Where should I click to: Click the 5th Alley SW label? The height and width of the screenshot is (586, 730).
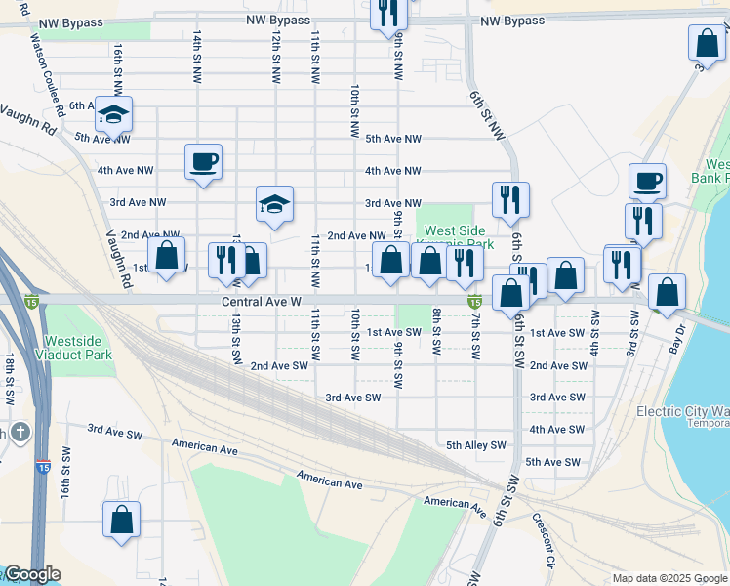pyautogui.click(x=476, y=445)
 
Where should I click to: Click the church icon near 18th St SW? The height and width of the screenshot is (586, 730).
pyautogui.click(x=18, y=432)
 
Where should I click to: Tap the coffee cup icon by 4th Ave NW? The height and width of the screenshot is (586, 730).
pyautogui.click(x=203, y=161)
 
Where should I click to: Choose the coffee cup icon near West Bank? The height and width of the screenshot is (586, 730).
pyautogui.click(x=647, y=181)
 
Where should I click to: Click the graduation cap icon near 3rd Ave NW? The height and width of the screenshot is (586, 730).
pyautogui.click(x=274, y=203)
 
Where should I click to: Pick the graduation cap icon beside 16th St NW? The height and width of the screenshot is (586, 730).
pyautogui.click(x=114, y=115)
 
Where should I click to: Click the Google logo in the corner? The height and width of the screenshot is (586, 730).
pyautogui.click(x=31, y=574)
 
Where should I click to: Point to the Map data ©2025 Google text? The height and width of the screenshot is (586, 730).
pyautogui.click(x=669, y=578)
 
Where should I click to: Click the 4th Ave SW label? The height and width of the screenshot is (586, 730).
pyautogui.click(x=556, y=430)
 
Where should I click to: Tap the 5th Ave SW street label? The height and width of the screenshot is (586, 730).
pyautogui.click(x=552, y=462)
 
